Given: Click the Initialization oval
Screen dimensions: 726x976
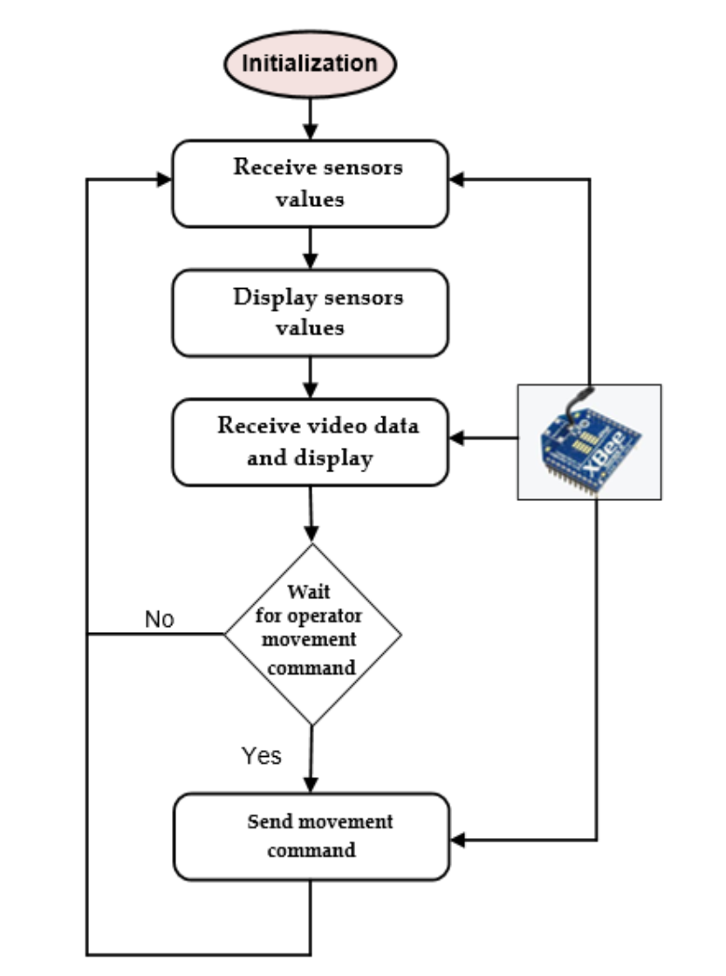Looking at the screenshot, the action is pos(310,64).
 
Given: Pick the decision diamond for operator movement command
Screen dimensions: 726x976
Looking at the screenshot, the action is pos(312,634).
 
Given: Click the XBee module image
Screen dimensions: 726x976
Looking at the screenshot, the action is pos(589,442).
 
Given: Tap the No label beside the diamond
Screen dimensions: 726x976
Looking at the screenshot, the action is pos(159,620).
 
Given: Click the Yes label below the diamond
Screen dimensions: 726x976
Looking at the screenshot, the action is pos(261,755).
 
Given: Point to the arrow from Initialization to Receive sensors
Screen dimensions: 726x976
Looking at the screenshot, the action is pos(310,119).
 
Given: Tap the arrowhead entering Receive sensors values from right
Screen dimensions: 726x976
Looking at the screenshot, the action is pos(457,180).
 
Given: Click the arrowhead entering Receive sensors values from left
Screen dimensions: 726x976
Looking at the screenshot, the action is pos(163,180).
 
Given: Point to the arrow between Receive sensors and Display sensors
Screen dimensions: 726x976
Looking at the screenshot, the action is pos(310,249).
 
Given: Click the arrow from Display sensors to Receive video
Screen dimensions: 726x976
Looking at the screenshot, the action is pos(310,378).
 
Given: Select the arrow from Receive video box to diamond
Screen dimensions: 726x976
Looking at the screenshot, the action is pos(310,515).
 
